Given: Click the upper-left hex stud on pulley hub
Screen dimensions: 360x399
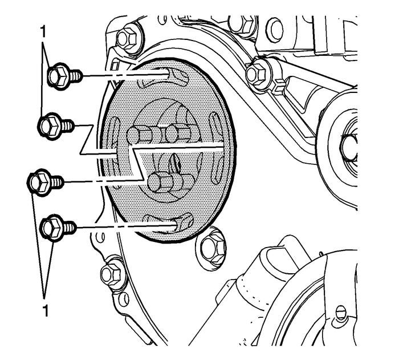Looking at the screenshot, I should point(140,136).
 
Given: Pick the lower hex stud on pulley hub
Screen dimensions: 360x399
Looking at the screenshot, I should point(163,181).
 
